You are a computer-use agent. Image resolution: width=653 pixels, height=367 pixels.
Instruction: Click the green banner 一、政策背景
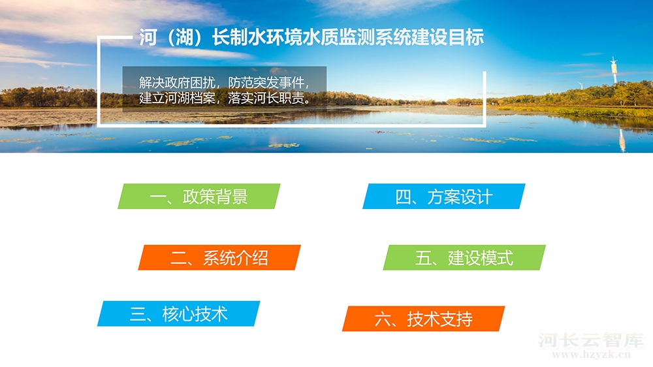coord(199,196)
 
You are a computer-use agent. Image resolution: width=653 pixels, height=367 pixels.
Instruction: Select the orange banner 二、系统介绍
coord(219,257)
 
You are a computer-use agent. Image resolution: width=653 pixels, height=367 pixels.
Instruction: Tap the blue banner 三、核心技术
coord(179,313)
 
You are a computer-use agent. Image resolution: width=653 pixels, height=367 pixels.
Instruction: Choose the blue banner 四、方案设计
coord(444,196)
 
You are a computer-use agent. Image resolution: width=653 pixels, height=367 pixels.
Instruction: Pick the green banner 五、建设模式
coord(464,257)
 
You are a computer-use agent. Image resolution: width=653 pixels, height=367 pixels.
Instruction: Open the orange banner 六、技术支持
coord(424,319)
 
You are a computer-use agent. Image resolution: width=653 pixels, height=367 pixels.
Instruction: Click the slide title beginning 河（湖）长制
coord(311,37)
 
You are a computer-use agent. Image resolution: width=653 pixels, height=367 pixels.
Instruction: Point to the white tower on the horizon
coord(613,70)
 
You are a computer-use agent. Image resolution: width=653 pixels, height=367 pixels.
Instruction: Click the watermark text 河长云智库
coord(591,340)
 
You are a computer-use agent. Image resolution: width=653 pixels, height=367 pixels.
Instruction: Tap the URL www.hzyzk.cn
coord(592,355)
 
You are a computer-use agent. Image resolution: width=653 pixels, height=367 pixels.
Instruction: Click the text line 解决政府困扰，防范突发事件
coord(225,82)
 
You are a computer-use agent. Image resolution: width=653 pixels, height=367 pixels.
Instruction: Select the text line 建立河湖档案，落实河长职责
coord(225,98)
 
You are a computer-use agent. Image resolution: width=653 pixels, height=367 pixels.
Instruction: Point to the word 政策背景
coord(215,197)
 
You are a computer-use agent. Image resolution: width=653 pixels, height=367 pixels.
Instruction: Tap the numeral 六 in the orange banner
coord(382,319)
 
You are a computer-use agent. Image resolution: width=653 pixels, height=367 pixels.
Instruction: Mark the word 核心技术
coord(195,314)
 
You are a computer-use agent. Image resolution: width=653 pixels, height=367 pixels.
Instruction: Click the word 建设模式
coord(481,258)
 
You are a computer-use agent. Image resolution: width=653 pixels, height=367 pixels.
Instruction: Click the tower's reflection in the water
coord(622,140)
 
